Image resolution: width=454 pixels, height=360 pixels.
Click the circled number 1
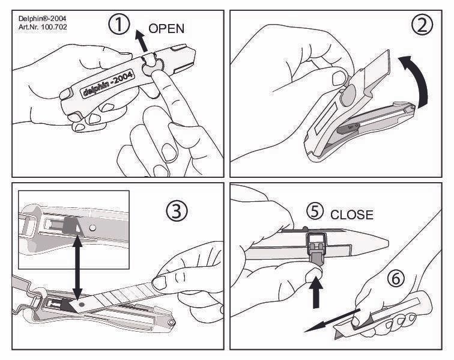click(119, 25)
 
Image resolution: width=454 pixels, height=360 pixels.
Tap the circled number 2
click(422, 25)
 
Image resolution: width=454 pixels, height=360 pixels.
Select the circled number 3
click(177, 211)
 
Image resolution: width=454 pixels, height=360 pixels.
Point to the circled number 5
click(315, 211)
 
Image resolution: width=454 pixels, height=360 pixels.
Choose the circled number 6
click(396, 278)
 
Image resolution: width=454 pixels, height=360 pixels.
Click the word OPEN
click(166, 28)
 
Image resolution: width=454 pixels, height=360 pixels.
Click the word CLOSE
click(352, 215)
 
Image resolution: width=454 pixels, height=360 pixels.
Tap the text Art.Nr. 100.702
click(43, 27)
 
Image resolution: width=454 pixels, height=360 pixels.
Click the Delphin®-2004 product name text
click(42, 19)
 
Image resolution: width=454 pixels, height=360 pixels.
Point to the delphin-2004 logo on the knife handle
click(107, 84)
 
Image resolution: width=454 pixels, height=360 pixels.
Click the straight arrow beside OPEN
click(141, 41)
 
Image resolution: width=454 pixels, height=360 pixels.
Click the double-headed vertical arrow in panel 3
click(77, 267)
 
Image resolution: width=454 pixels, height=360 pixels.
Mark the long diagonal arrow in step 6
click(332, 320)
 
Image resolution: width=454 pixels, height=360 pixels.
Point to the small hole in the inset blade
click(92, 228)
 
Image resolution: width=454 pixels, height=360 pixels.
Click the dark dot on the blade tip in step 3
click(81, 305)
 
